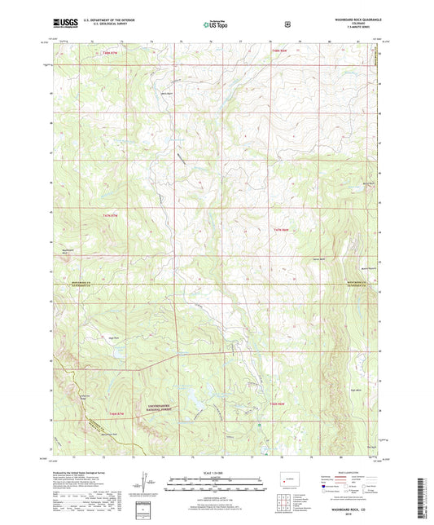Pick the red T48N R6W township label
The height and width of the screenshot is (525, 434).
click(278, 53)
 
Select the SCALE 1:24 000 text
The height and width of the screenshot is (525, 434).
click(216, 473)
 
